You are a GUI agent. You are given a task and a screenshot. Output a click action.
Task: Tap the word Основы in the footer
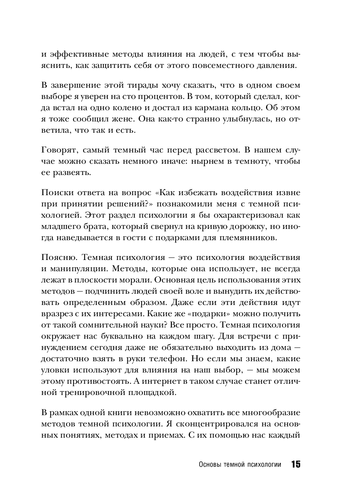click(x=209, y=465)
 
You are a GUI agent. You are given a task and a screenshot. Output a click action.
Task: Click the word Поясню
click(x=55, y=258)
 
